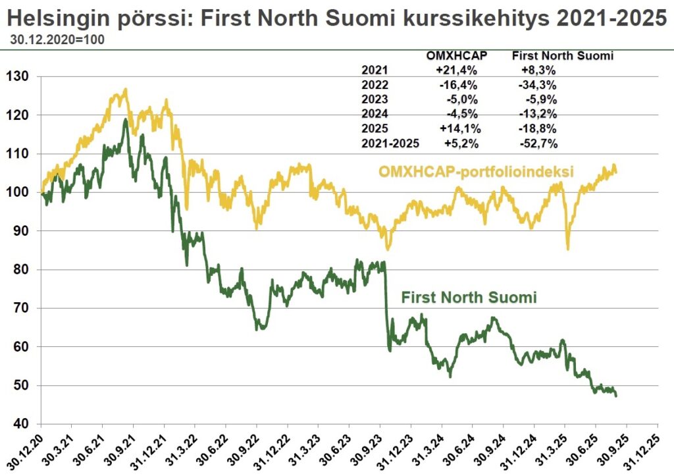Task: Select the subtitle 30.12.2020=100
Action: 57,40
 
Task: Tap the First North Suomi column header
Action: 562,57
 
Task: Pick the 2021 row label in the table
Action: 375,70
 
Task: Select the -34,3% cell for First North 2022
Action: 539,85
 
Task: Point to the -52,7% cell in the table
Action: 539,143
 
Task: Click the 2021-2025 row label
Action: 390,143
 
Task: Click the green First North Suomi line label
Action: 469,298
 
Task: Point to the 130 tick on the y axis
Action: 18,76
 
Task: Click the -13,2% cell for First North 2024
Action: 539,114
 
